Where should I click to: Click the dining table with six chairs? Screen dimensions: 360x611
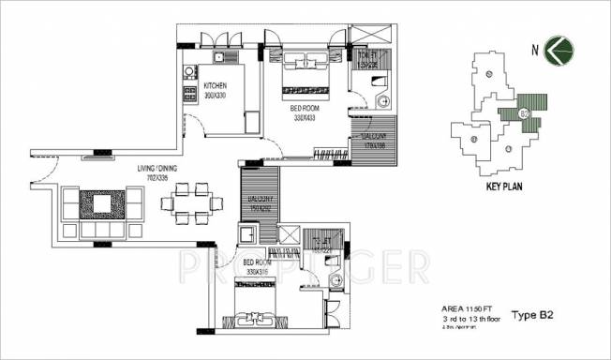click(191, 202)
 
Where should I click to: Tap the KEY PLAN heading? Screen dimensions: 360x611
click(505, 187)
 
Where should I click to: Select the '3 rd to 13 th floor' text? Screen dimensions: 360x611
click(473, 318)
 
